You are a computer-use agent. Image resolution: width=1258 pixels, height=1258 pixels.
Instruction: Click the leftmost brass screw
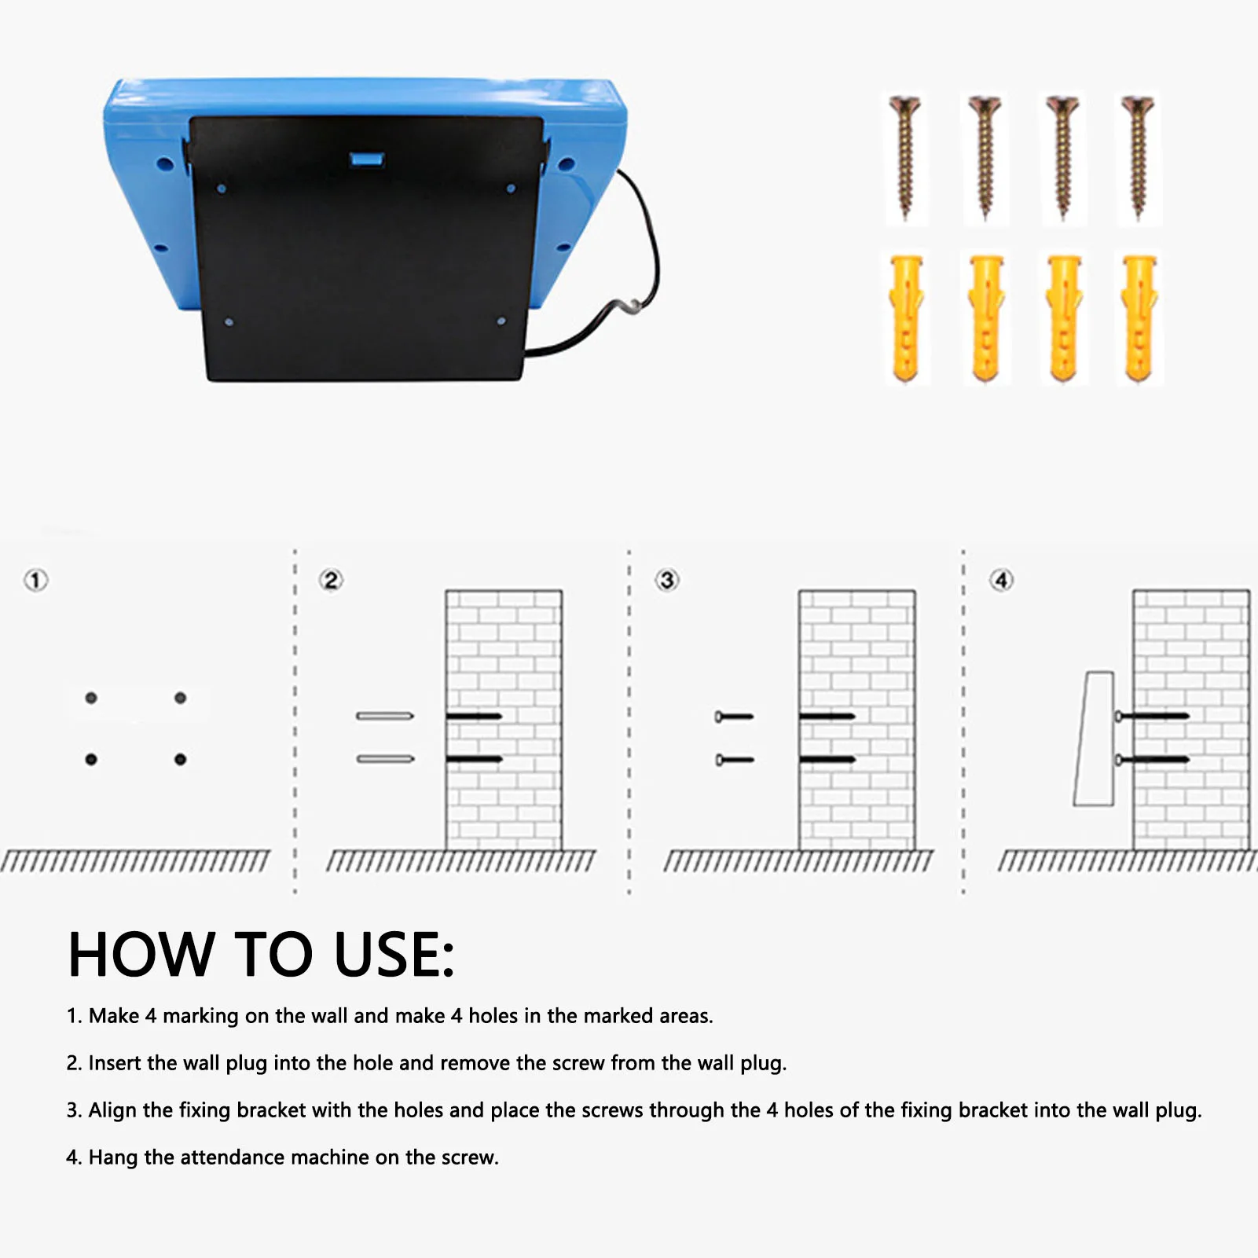click(x=905, y=157)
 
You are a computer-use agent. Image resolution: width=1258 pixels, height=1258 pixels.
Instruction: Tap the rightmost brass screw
click(x=1137, y=157)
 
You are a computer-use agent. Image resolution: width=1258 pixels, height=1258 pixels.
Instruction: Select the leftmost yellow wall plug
click(x=906, y=317)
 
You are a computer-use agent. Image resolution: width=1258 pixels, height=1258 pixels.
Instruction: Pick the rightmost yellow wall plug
click(x=1139, y=317)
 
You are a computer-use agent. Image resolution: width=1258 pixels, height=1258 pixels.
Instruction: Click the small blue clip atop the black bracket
click(x=366, y=160)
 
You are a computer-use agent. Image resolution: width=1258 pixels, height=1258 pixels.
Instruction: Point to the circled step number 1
click(x=35, y=581)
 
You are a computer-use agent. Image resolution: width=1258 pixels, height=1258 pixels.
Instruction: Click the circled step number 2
click(x=331, y=581)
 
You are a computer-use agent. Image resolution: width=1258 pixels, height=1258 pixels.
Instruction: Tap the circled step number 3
click(x=667, y=581)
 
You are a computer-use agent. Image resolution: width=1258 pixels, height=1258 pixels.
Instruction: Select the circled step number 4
click(x=1001, y=581)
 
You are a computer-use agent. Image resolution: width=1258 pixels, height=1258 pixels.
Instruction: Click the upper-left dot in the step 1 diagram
click(x=91, y=698)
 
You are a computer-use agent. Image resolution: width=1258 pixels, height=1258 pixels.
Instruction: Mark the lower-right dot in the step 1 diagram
click(x=181, y=759)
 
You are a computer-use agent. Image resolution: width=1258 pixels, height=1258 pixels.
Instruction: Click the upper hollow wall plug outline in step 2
click(x=385, y=716)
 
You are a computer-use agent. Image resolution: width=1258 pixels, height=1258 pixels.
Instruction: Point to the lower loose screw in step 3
click(x=735, y=760)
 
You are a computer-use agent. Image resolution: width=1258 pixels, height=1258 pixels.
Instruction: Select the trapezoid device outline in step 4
click(x=1095, y=739)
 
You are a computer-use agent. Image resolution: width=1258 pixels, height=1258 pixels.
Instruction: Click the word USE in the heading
click(x=393, y=955)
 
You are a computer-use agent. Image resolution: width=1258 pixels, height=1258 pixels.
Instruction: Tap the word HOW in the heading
click(x=141, y=955)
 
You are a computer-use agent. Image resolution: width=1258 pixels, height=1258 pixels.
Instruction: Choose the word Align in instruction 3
click(x=112, y=1109)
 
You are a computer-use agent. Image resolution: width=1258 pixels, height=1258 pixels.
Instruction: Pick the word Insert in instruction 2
click(x=115, y=1062)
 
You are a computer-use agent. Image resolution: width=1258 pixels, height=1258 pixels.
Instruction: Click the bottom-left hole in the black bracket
click(x=229, y=322)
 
